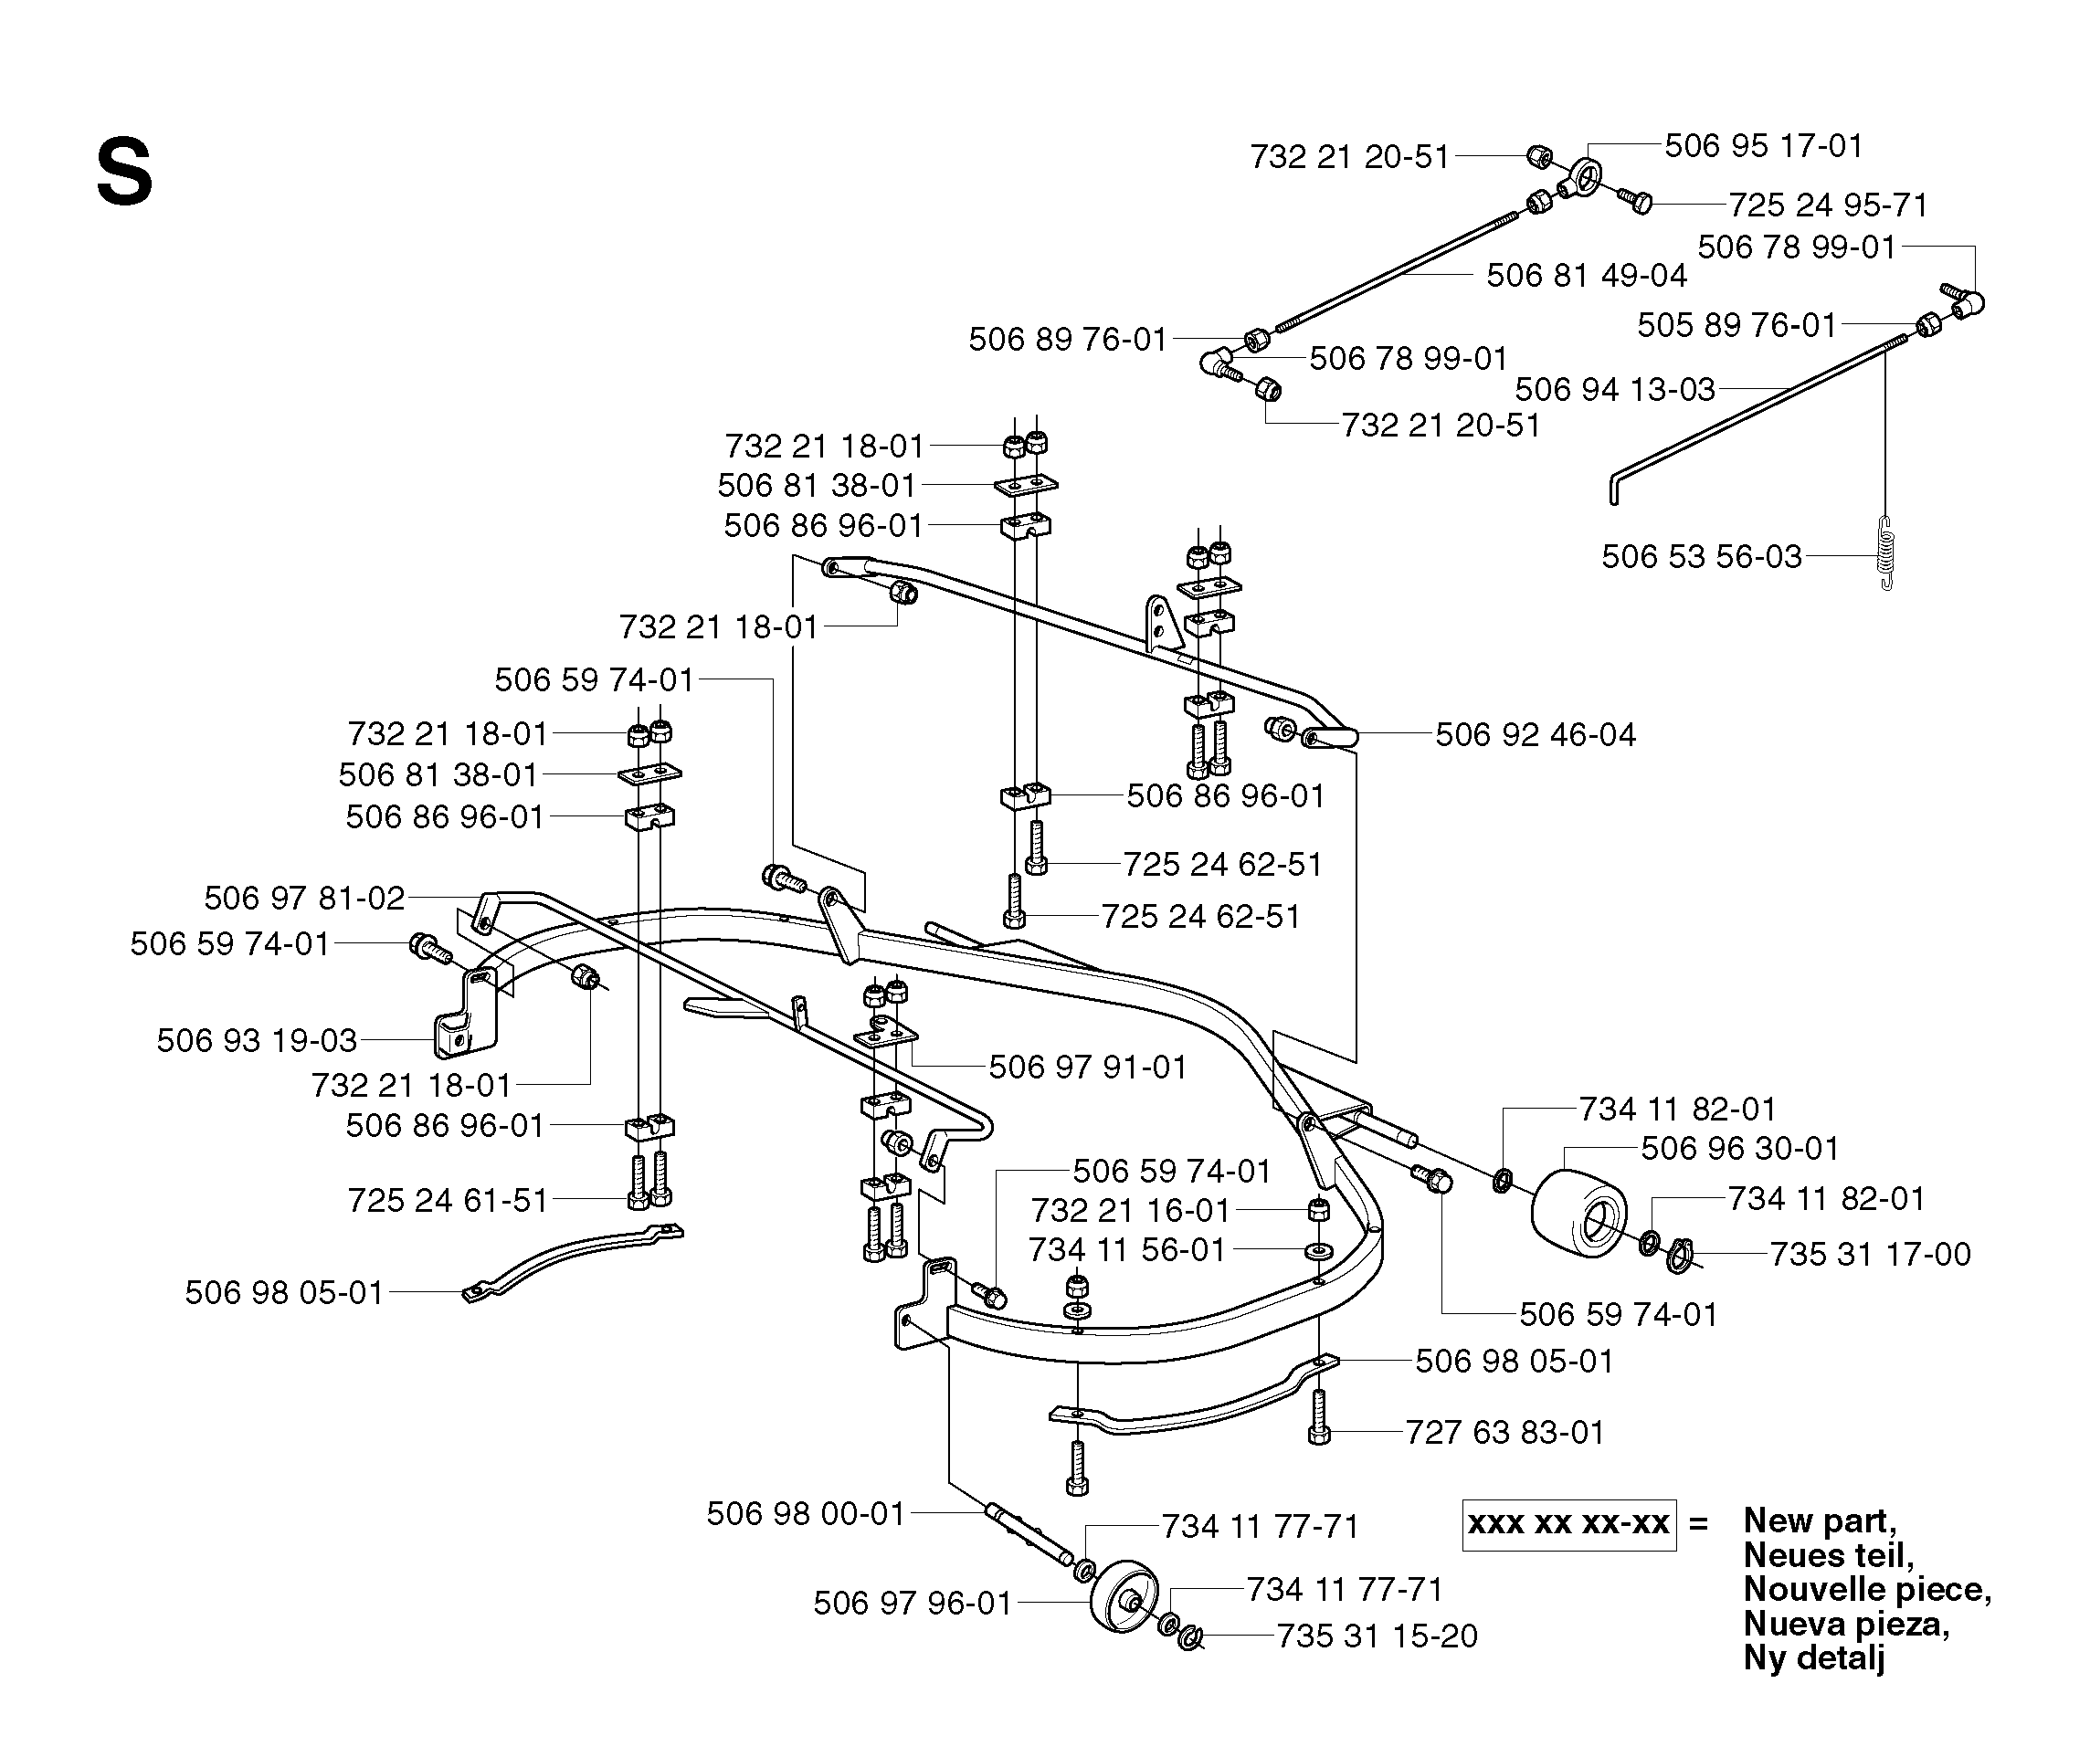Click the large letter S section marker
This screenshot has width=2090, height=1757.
tap(124, 174)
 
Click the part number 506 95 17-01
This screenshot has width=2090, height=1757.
tap(1763, 146)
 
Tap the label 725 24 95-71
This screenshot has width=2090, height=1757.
tap(1828, 205)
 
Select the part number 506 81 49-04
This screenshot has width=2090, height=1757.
tap(1587, 276)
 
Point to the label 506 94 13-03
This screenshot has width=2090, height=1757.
tap(1615, 389)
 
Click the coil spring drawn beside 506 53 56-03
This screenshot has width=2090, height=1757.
tap(1885, 553)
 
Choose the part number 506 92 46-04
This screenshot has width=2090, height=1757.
tap(1536, 735)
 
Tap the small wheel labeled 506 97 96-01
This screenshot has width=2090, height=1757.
tap(1124, 1596)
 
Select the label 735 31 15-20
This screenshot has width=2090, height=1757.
tap(1377, 1636)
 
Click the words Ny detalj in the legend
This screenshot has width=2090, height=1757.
tap(1814, 1657)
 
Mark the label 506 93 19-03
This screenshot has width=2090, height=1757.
tap(257, 1041)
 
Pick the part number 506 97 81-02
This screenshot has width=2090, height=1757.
tap(304, 899)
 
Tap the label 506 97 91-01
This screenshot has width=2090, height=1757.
tap(1088, 1068)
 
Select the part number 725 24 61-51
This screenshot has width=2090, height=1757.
tap(449, 1201)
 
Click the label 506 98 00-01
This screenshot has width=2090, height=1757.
tap(806, 1514)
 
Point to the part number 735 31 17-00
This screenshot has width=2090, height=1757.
tap(1870, 1254)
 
